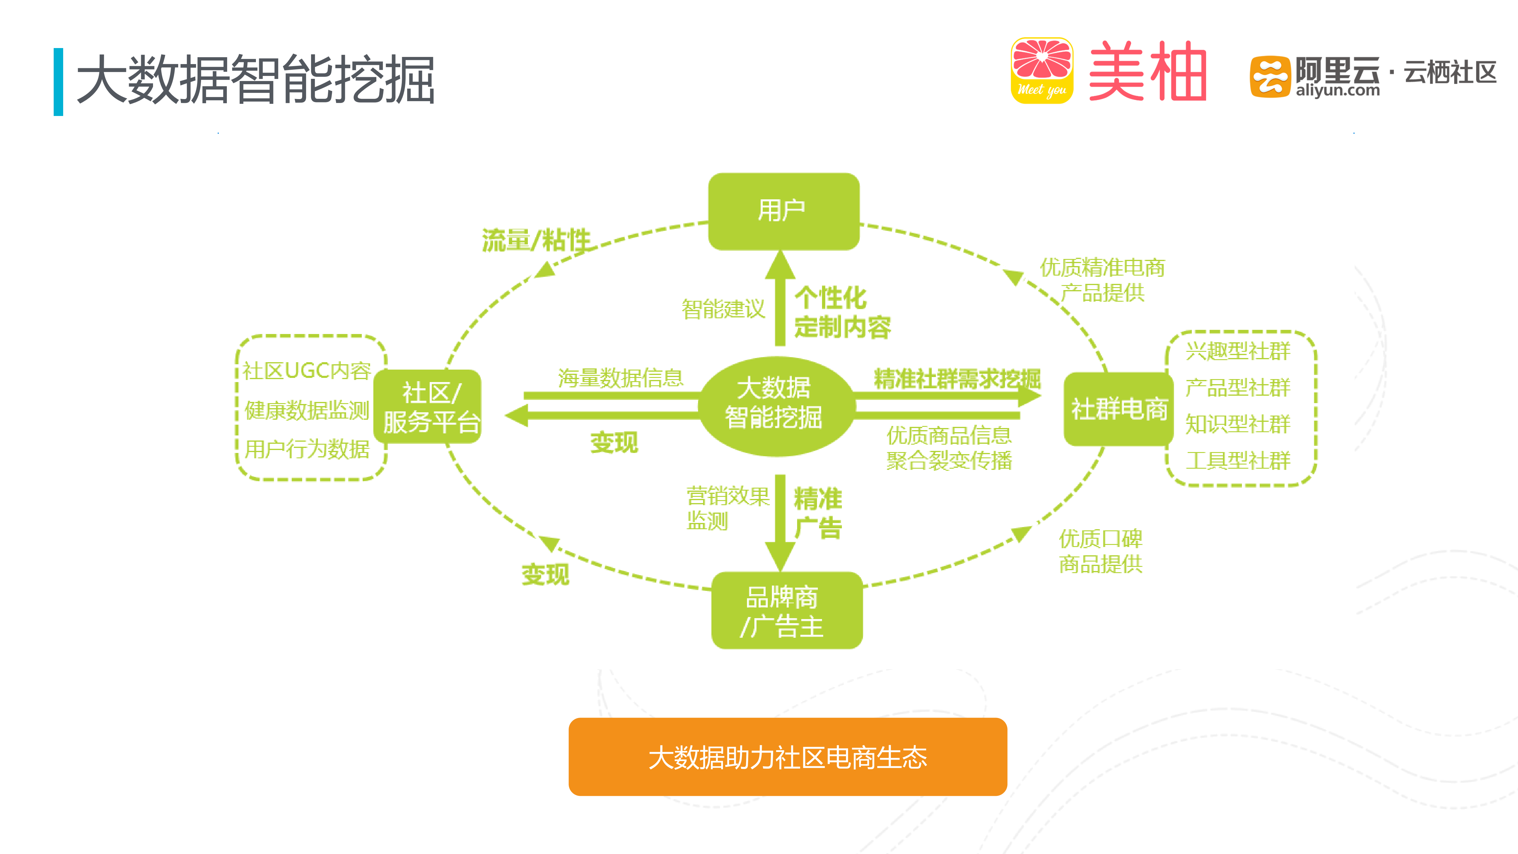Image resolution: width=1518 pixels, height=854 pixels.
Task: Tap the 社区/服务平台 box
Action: pyautogui.click(x=429, y=407)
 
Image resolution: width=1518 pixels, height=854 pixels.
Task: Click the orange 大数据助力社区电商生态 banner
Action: pyautogui.click(x=787, y=757)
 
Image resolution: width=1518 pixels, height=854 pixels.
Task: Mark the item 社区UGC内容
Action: pyautogui.click(x=306, y=371)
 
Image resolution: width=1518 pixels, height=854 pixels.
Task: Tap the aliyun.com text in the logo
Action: pyautogui.click(x=1337, y=91)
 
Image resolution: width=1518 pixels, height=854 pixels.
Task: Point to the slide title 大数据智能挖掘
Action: pyautogui.click(x=255, y=80)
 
